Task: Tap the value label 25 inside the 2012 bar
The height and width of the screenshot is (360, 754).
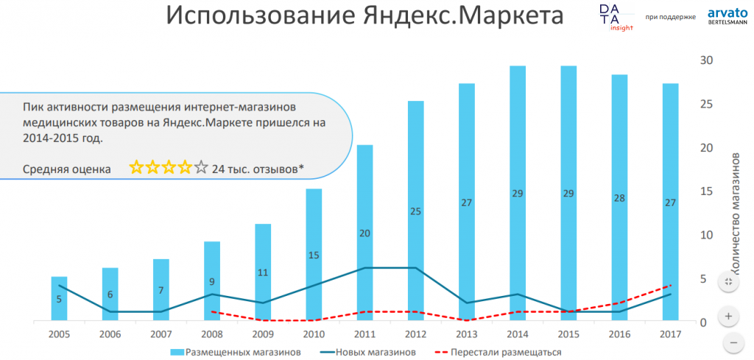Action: [415, 212]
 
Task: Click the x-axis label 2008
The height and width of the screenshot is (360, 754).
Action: [212, 334]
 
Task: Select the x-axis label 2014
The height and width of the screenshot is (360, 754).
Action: [518, 334]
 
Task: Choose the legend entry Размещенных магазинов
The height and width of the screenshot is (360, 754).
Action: [236, 352]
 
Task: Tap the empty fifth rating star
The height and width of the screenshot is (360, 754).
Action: [201, 168]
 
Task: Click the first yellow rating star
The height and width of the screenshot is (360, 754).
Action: [136, 168]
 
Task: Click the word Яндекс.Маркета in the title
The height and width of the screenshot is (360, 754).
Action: [457, 16]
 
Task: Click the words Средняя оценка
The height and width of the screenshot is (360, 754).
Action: [67, 169]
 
